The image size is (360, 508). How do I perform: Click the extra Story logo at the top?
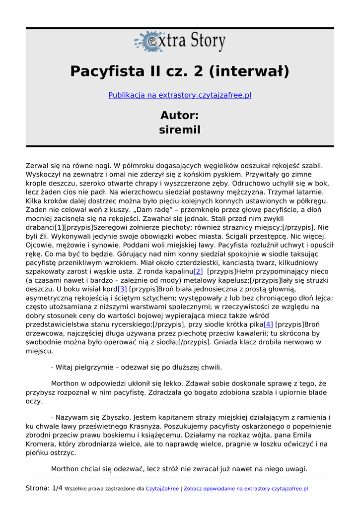pos(180,42)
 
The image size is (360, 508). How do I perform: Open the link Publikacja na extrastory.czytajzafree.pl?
pos(180,95)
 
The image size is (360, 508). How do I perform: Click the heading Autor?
pos(180,115)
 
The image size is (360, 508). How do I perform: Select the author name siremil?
pos(180,130)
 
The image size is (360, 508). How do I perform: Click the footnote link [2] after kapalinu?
pos(198,271)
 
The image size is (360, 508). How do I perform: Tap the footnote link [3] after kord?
pos(122,289)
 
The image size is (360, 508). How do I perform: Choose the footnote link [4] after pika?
pos(268,324)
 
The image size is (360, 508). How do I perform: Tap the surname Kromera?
pos(41,444)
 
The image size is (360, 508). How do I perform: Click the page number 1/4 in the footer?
pos(57,488)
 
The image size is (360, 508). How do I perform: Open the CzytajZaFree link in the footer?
pos(162,489)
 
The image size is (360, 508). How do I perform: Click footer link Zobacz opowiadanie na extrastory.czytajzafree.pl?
pos(246,489)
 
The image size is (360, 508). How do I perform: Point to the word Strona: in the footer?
pos(38,488)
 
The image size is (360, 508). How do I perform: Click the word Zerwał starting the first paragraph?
pos(38,166)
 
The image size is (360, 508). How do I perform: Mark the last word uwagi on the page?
pos(296,469)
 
